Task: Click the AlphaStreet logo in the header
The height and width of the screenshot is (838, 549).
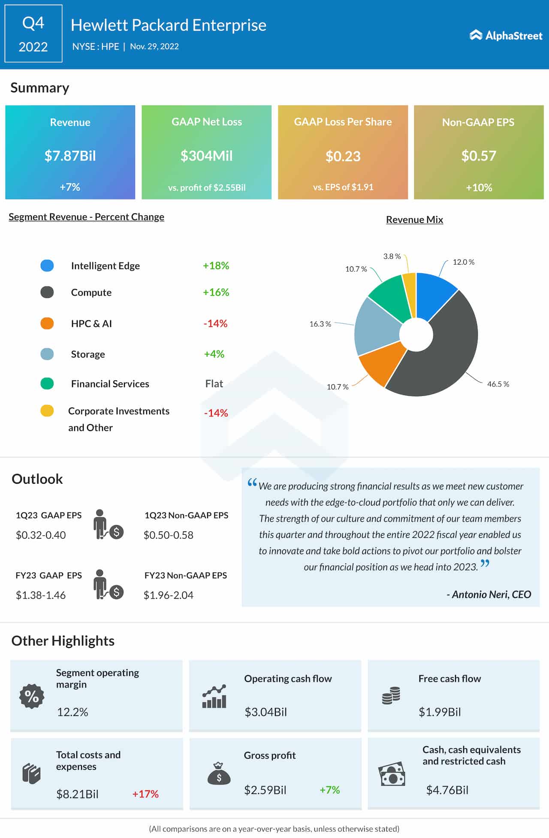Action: pos(506,35)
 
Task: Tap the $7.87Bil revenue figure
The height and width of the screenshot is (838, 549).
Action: pos(70,156)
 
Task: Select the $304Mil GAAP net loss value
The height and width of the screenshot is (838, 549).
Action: pos(206,156)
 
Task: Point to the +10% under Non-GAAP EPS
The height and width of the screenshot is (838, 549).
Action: pos(479,187)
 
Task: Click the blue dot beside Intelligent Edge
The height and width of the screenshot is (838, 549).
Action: pos(47,265)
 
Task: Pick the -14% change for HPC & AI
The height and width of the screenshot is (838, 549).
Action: pos(215,323)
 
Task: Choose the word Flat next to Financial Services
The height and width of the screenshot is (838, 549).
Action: pos(214,383)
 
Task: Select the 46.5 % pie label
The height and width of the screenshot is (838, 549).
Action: pos(498,384)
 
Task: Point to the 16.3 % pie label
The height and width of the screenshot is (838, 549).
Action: pos(320,324)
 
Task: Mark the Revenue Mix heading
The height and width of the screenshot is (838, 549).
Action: pos(414,220)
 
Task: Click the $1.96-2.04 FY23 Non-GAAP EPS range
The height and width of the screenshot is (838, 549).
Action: pos(169,595)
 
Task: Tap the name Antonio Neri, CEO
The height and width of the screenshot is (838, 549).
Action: pos(489,594)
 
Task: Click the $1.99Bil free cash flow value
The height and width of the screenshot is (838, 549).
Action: pos(440,712)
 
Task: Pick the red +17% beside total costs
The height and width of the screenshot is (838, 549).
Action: pos(145,794)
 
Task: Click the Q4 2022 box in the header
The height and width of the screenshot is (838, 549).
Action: pos(33,34)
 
